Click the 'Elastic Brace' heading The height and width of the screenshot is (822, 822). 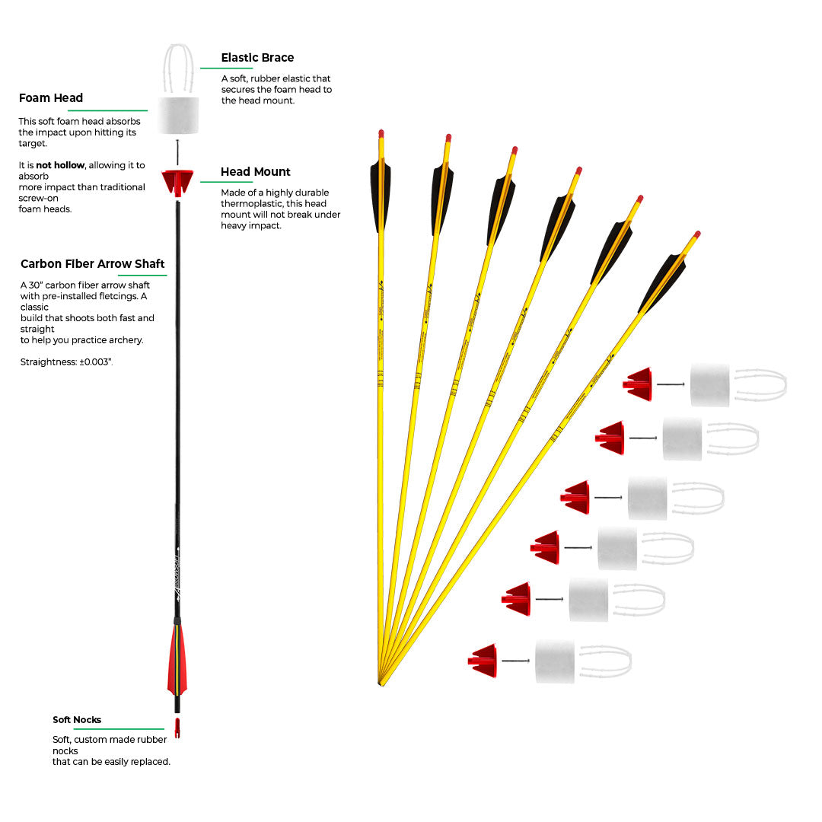click(257, 58)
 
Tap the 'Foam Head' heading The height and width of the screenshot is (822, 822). click(51, 98)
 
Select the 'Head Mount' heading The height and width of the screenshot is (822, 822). click(256, 172)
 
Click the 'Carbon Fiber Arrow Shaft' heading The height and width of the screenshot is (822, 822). click(93, 264)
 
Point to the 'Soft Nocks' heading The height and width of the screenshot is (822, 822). click(77, 720)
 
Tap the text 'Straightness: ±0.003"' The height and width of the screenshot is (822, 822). click(67, 362)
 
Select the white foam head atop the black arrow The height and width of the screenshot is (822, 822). click(179, 116)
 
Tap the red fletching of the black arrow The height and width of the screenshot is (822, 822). click(177, 658)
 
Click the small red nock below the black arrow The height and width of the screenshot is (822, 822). click(177, 728)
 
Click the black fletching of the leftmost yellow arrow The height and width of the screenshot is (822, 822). click(381, 194)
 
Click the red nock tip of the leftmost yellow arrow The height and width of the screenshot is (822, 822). click(381, 133)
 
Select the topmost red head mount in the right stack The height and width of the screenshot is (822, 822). click(639, 384)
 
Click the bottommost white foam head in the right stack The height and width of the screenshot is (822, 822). click(555, 661)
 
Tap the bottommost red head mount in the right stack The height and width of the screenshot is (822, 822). click(484, 661)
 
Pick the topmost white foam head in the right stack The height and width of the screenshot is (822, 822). click(709, 384)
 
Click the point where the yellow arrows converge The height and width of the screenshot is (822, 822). click(380, 683)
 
